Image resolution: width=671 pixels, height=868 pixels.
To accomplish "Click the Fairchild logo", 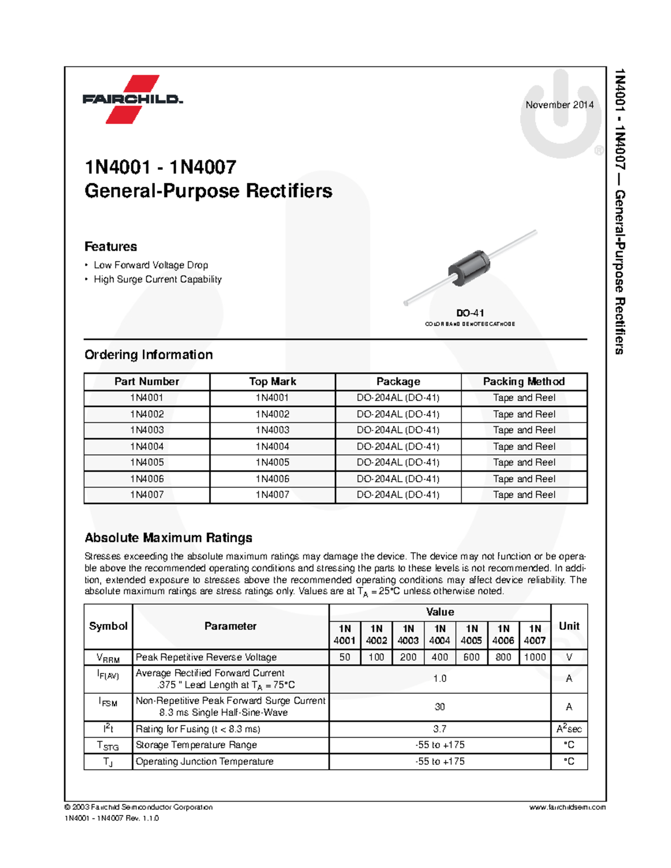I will (133, 99).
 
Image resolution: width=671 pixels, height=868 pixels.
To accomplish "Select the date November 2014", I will (559, 105).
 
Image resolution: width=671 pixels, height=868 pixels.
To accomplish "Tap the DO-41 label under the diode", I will (470, 313).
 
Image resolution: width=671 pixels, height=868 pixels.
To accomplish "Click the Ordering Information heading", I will (149, 355).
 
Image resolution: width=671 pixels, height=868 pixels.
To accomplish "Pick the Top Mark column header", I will (272, 382).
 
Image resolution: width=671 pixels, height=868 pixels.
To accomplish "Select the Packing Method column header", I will (524, 382).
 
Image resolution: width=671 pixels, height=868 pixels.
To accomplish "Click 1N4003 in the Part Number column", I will (147, 430).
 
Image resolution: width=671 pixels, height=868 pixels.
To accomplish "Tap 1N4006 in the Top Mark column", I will (272, 479).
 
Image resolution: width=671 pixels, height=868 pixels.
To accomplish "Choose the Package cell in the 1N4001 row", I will (398, 398).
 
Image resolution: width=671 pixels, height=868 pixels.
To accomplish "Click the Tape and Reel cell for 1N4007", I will (524, 495).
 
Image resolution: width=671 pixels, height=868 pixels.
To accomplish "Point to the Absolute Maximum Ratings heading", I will (168, 538).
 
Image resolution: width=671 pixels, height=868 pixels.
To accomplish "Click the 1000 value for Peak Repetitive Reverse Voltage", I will (535, 657).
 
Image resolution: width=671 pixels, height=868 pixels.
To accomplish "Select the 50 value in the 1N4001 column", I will (344, 657).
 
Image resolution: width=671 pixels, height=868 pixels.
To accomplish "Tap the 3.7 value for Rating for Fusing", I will (440, 729).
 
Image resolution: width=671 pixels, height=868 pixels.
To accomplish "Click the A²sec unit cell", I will (569, 729).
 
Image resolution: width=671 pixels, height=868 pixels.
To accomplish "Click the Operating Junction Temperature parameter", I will (205, 761).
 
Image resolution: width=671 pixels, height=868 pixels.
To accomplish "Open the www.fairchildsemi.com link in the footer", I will (567, 807).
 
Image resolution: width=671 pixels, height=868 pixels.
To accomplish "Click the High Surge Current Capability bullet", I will (158, 279).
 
